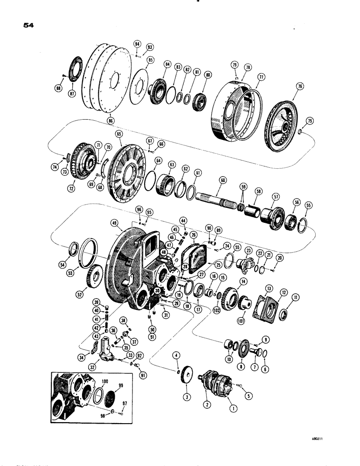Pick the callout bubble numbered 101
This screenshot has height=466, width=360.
241,321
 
